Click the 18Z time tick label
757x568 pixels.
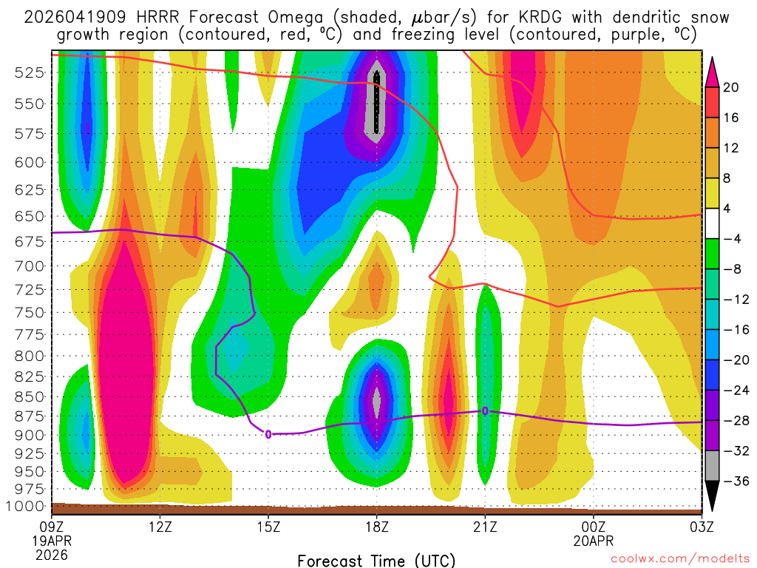click(376, 527)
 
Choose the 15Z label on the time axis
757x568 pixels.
click(268, 527)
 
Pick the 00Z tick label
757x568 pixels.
click(593, 527)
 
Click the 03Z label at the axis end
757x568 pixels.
click(701, 527)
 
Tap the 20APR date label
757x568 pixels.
click(593, 541)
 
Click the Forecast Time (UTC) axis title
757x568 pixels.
click(376, 560)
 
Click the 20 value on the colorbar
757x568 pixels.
click(731, 87)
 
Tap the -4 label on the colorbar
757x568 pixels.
click(731, 239)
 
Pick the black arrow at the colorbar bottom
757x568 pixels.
click(713, 496)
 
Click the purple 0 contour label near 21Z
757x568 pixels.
click(485, 410)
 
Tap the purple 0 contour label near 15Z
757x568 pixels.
click(268, 434)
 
